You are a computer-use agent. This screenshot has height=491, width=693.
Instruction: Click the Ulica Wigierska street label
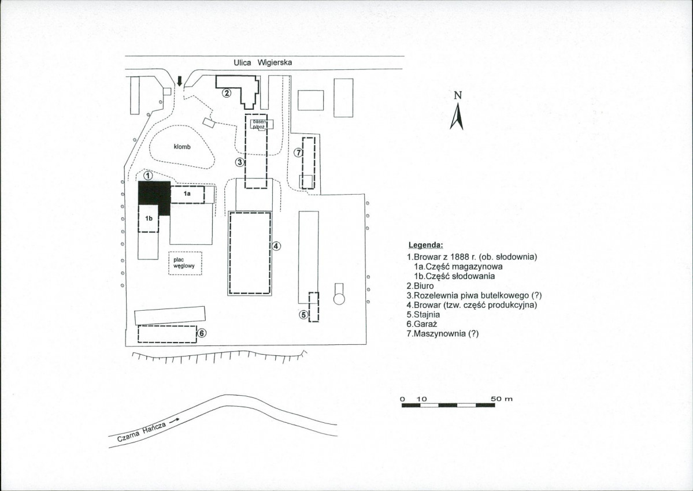tap(262, 63)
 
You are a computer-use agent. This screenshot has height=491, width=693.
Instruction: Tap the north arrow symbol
tap(457, 116)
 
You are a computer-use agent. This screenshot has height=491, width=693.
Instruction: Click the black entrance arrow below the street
tap(179, 81)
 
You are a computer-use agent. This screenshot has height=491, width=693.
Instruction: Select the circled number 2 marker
tap(227, 93)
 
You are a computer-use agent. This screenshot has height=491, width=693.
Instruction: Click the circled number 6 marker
tap(202, 333)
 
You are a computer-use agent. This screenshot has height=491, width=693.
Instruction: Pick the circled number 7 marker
tap(298, 152)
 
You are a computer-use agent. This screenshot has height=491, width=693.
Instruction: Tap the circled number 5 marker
tap(303, 315)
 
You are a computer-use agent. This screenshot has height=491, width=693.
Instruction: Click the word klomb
tap(182, 147)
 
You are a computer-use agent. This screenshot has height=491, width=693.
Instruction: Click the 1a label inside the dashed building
tap(187, 194)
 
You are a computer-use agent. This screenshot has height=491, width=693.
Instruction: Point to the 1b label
tap(149, 218)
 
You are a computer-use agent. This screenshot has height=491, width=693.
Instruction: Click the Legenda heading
tap(425, 245)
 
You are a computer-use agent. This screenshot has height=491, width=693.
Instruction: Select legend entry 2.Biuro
tap(420, 286)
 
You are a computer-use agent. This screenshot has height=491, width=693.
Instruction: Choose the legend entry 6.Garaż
tap(423, 324)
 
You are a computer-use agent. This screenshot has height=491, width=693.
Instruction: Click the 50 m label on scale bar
tap(502, 399)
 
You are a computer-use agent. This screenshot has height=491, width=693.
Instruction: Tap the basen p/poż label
tap(259, 124)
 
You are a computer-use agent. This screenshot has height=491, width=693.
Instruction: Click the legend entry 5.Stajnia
tap(424, 314)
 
